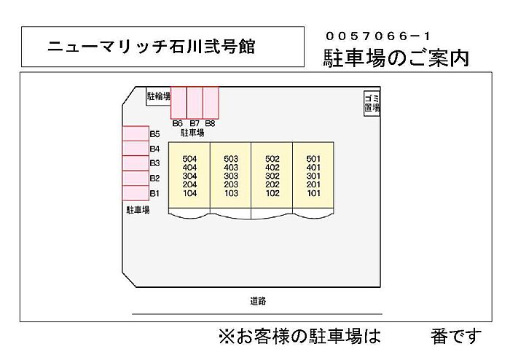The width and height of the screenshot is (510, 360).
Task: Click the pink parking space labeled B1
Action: point(136,193)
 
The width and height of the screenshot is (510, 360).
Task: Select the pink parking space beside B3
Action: point(136,163)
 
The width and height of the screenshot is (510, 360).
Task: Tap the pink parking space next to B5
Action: point(136,133)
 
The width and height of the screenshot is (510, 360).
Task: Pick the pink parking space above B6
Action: point(178,103)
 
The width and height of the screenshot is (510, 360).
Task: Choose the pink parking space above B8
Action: point(211,103)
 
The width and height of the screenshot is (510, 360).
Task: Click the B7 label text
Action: point(195,124)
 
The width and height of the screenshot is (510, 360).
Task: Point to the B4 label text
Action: point(154,149)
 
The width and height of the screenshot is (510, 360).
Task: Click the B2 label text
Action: point(154,179)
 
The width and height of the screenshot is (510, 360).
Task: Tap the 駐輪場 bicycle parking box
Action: point(158,96)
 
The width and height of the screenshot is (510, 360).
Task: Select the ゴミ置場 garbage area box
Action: point(372,103)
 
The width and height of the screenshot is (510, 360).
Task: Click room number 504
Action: point(189,159)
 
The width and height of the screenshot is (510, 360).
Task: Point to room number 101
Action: point(313,194)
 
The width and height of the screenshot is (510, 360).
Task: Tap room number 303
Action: point(231,176)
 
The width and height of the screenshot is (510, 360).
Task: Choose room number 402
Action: point(272,168)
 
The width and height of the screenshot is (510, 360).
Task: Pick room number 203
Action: point(231,184)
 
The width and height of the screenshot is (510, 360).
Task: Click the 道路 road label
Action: point(258,301)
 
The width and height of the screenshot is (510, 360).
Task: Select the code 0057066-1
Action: point(378,36)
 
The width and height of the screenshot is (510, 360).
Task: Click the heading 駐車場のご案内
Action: point(396,58)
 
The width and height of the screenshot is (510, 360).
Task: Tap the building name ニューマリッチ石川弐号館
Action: point(152,47)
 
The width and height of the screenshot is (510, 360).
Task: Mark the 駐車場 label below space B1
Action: point(138,210)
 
